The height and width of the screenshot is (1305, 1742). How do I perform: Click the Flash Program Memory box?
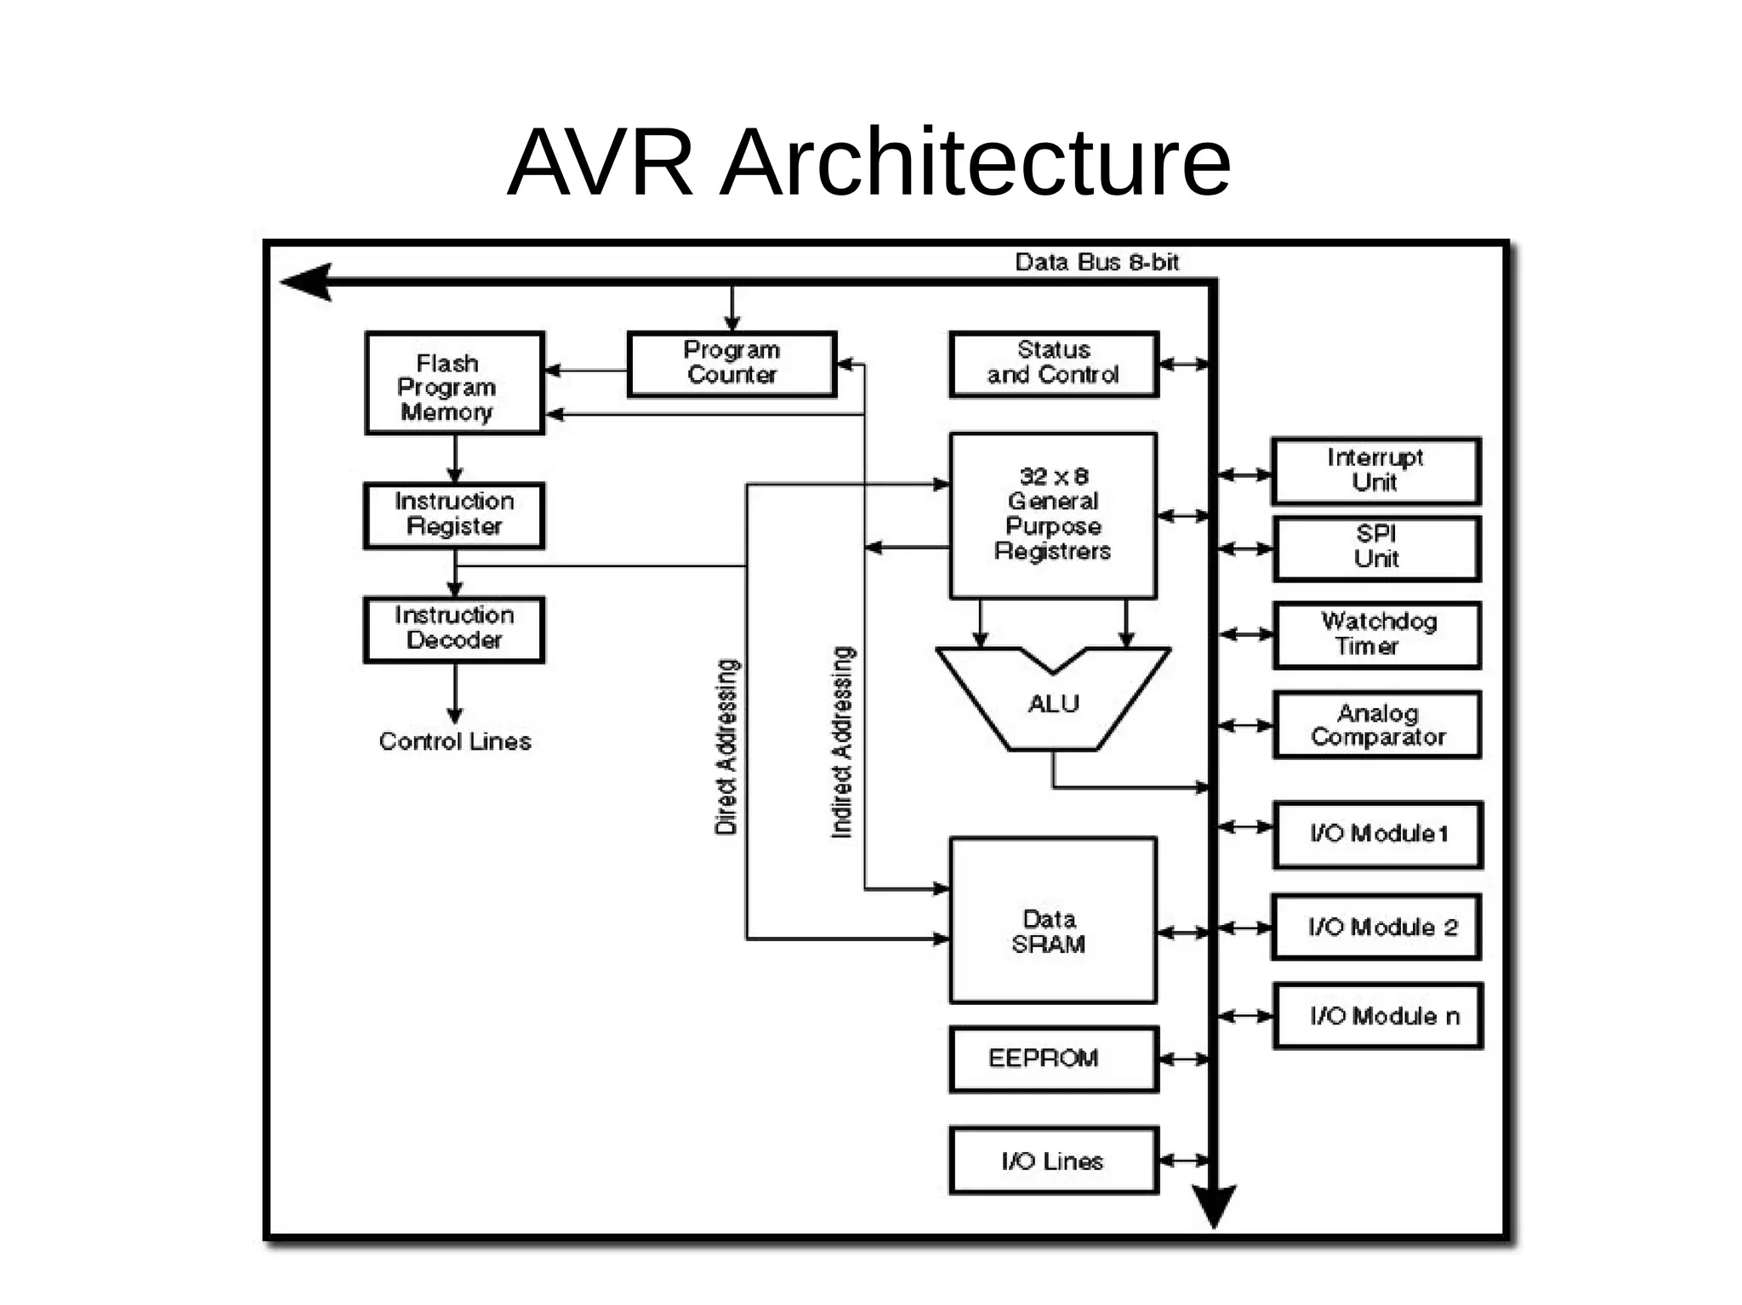click(454, 383)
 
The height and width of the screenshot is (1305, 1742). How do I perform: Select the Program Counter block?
click(732, 364)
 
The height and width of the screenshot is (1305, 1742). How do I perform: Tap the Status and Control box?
click(1053, 364)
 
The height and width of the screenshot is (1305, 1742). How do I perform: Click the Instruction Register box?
click(454, 515)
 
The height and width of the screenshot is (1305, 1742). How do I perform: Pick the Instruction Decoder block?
click(454, 629)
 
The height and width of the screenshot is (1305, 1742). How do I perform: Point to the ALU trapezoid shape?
click(1053, 706)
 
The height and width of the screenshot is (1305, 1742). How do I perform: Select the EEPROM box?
click(1053, 1058)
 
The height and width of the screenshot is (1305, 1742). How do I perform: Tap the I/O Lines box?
click(1053, 1160)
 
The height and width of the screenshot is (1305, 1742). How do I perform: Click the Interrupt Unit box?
click(1375, 471)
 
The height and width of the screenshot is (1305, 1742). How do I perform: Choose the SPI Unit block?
click(1375, 548)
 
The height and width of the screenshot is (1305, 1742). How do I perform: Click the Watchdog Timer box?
click(1375, 635)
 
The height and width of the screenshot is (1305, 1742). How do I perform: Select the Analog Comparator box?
click(1375, 725)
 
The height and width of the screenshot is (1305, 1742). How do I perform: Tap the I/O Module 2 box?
click(1375, 927)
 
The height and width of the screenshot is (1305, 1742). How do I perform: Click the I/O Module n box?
click(1377, 1016)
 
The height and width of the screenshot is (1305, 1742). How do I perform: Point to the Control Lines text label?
click(454, 741)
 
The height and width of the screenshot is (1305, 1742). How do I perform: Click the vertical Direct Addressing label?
click(726, 746)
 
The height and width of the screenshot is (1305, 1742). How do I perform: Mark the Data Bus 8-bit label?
click(1096, 262)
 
